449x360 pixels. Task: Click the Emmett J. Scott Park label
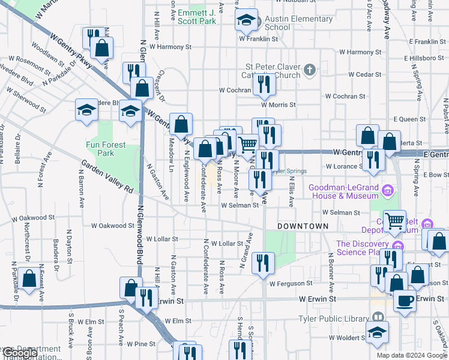(196, 16)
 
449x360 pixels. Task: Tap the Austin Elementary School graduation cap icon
(246, 20)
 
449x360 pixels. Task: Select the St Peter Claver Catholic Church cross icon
(309, 70)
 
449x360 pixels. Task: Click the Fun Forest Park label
(100, 149)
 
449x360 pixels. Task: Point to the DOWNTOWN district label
(303, 226)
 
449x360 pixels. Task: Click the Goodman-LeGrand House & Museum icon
(388, 192)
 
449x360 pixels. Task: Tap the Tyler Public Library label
(334, 318)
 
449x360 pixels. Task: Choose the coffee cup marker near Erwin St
(405, 300)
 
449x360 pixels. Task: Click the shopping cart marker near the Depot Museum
(394, 221)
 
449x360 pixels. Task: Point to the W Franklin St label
(259, 38)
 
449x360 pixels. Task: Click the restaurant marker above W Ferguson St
(263, 263)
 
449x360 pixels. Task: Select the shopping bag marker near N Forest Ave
(28, 279)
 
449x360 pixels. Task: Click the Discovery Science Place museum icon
(397, 247)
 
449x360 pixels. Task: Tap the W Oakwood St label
(113, 226)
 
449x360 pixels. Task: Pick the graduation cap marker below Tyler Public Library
(377, 332)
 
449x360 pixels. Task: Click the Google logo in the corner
(19, 353)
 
